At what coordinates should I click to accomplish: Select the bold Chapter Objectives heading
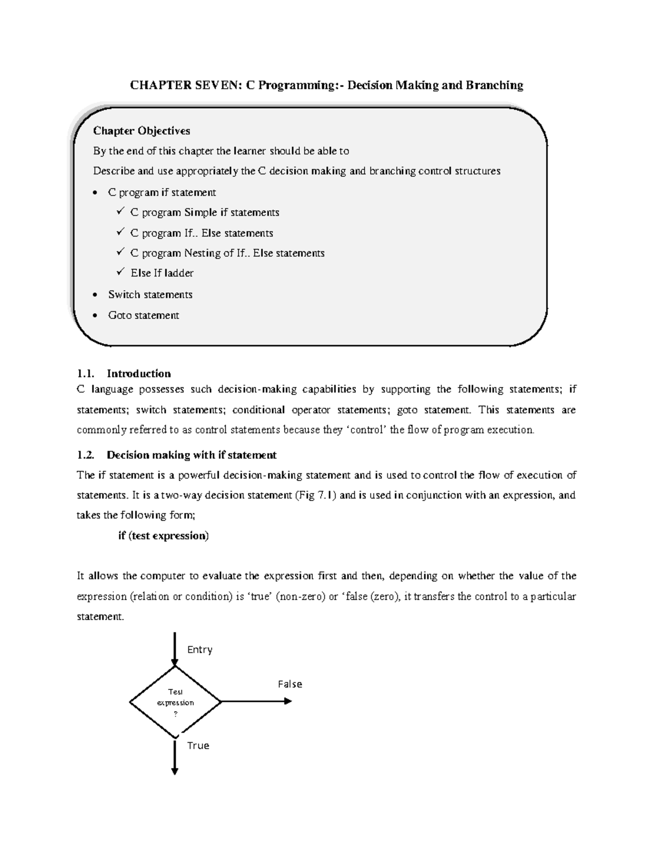click(x=141, y=131)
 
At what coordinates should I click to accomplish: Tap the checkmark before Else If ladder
click(x=120, y=272)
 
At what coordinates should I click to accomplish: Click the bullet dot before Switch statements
click(x=96, y=295)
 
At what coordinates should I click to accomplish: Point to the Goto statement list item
click(x=143, y=316)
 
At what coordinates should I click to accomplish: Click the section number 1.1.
click(x=85, y=374)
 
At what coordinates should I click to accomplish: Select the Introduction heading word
click(x=139, y=374)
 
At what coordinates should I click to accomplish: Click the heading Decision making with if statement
click(x=192, y=455)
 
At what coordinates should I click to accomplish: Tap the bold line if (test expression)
click(x=163, y=536)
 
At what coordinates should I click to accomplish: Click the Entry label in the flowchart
click(x=200, y=650)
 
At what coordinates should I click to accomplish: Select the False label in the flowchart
click(x=289, y=684)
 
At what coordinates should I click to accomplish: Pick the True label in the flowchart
click(x=198, y=745)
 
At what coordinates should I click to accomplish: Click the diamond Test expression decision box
click(x=175, y=702)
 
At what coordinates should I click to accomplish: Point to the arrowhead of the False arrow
click(x=288, y=701)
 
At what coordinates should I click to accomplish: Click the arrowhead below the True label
click(x=175, y=770)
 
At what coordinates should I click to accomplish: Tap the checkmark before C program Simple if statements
click(x=120, y=212)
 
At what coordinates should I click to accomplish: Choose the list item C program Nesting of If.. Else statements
click(x=227, y=253)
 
